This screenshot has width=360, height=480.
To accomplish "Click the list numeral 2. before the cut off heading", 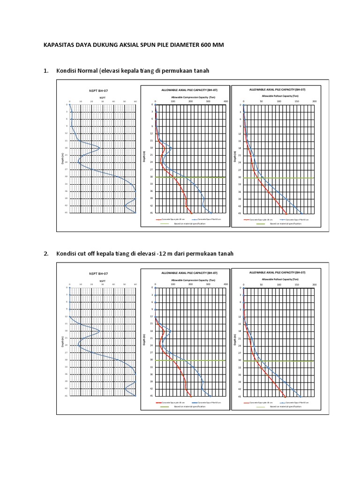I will click(46, 254).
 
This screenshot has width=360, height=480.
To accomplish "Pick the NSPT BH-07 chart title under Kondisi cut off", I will click(98, 273).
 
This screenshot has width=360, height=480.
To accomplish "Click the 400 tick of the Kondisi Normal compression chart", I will click(226, 101).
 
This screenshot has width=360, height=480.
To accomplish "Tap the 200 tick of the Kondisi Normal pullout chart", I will click(315, 101).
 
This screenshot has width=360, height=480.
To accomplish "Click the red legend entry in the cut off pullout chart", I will click(260, 402).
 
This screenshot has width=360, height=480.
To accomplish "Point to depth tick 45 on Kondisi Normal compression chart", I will click(152, 213).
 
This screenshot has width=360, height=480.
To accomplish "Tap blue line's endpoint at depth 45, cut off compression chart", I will click(211, 396).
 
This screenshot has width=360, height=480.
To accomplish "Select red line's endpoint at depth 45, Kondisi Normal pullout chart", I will click(286, 213).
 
